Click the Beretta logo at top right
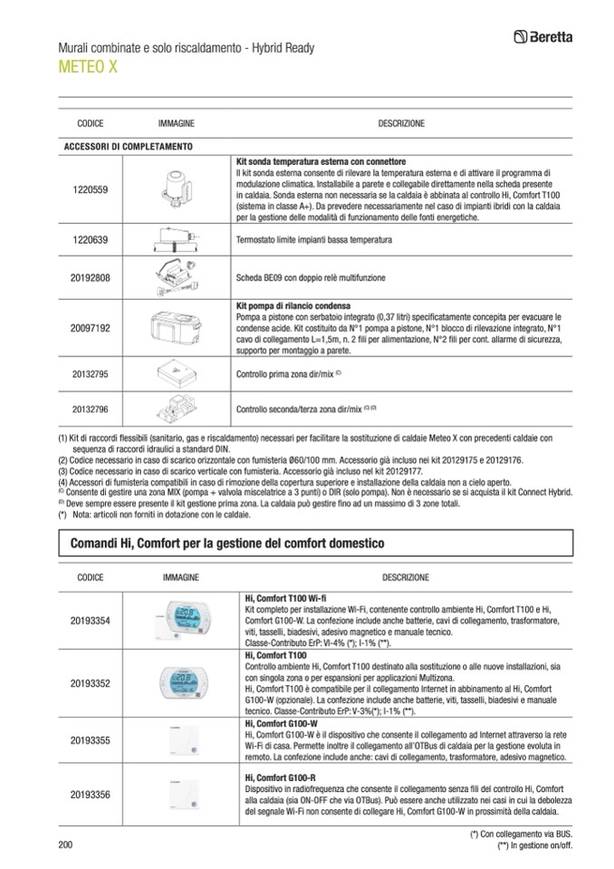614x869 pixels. click(548, 37)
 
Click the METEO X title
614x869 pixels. click(87, 68)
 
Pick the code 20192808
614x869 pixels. click(90, 277)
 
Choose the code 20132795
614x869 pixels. click(90, 372)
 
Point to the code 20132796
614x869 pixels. click(90, 409)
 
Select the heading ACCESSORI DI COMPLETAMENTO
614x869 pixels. click(127, 146)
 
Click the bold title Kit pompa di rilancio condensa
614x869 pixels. click(293, 305)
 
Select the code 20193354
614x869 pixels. click(90, 621)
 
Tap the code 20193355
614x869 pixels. click(90, 741)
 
